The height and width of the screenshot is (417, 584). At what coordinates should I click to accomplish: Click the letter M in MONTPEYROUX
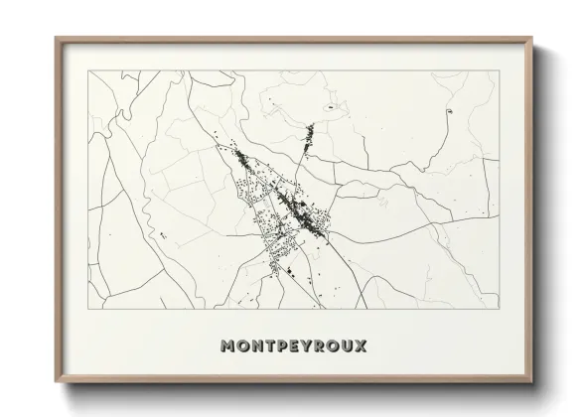coord(229,347)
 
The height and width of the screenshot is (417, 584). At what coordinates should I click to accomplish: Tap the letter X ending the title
coord(361,347)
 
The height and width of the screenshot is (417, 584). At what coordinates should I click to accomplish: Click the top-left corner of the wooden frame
coord(56,39)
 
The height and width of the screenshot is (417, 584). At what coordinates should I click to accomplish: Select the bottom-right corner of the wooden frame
coord(531,382)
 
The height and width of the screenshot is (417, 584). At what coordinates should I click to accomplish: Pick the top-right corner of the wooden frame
coord(531,39)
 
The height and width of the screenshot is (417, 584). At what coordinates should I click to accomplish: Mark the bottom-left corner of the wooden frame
coord(56,382)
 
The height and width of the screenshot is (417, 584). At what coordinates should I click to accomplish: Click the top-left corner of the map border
coord(87,70)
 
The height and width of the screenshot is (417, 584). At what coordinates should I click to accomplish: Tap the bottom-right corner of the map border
coord(499,309)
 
